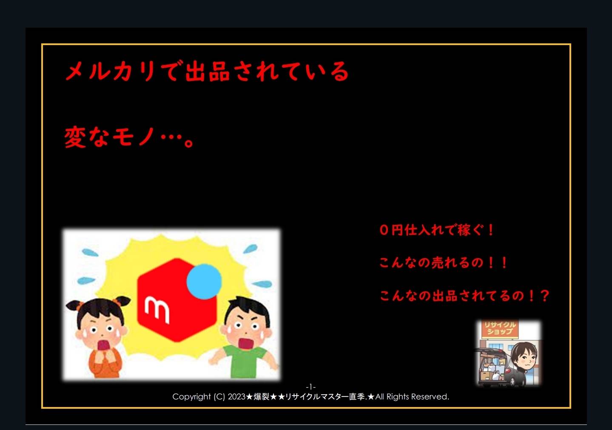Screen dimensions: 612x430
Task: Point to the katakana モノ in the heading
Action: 134,137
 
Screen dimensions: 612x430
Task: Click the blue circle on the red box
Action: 204,281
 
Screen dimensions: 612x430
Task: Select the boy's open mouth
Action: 246,343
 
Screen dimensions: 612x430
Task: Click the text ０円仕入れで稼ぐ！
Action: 437,230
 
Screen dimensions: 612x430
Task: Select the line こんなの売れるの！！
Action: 443,262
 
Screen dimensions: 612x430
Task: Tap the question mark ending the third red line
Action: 545,296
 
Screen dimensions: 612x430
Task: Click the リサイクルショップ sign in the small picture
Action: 500,328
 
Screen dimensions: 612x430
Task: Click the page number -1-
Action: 310,387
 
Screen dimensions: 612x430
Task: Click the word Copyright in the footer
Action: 191,397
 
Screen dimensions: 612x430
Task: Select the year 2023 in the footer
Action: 236,396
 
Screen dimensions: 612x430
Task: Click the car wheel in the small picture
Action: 512,381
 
